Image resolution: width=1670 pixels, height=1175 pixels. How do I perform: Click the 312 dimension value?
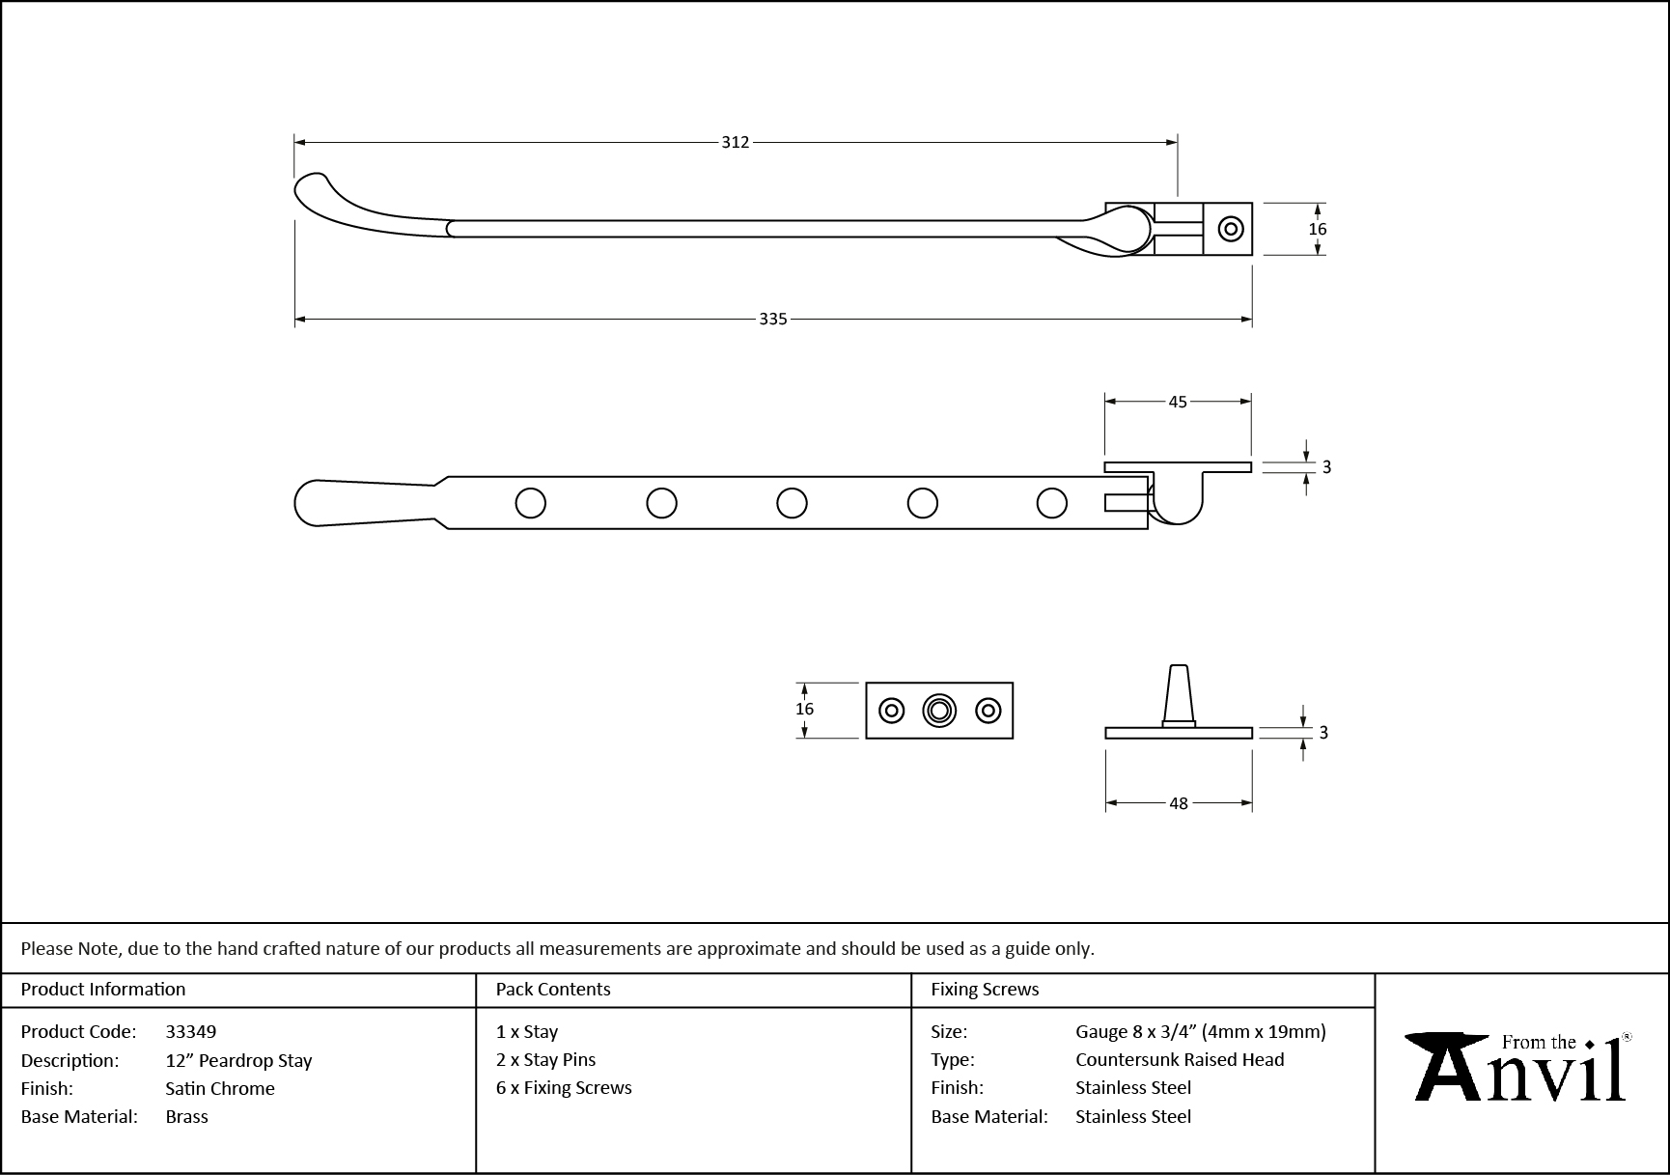point(735,142)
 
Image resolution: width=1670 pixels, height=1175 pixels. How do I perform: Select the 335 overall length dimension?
point(772,319)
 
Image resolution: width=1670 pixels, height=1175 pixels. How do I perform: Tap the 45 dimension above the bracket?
point(1178,402)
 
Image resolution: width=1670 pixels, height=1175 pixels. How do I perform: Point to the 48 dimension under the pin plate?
point(1179,803)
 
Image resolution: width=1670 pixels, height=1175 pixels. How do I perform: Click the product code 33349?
point(191,1031)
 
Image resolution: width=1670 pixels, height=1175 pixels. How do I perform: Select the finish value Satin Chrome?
point(220,1088)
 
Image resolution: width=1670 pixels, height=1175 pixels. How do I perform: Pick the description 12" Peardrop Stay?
point(238,1060)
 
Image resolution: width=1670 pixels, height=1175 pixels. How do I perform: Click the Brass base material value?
point(186,1116)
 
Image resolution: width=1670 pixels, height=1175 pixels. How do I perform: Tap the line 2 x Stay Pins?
point(545,1059)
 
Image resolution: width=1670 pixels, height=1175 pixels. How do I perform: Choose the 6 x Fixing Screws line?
point(564,1087)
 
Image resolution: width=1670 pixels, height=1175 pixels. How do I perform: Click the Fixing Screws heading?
point(985,989)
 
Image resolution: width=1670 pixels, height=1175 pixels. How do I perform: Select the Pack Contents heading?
point(553,989)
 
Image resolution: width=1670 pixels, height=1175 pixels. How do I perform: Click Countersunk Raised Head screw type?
point(1180,1059)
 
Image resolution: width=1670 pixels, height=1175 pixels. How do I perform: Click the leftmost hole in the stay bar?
point(531,503)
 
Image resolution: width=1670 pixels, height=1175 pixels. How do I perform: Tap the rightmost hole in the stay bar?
point(1052,503)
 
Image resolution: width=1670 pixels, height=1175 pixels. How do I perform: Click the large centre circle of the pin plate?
point(939,711)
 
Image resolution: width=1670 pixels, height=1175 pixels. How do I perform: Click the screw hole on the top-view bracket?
point(1230,229)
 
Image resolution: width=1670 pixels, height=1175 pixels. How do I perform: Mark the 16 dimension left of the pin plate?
point(804,709)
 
